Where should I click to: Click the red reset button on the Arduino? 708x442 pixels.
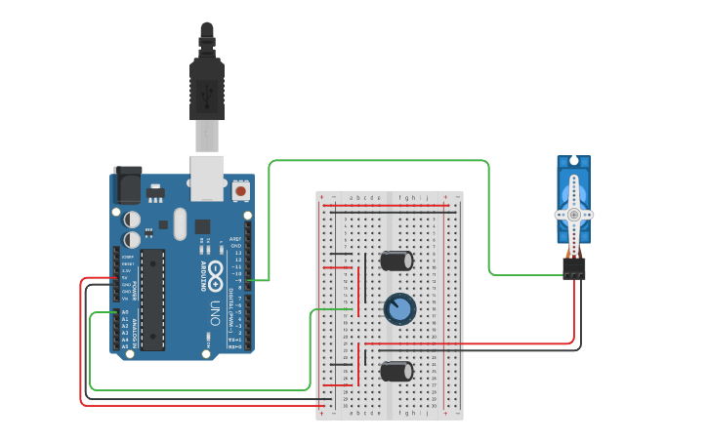click(240, 190)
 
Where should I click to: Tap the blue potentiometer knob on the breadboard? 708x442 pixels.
click(399, 309)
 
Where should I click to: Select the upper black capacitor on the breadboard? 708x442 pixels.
click(396, 261)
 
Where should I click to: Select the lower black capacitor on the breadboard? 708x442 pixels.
click(396, 371)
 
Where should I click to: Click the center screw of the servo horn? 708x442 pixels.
click(574, 214)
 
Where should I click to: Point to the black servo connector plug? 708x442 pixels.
click(574, 266)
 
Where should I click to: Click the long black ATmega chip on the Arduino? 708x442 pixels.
click(152, 299)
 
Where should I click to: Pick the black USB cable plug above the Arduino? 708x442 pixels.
click(207, 88)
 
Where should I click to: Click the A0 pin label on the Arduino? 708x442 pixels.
click(125, 312)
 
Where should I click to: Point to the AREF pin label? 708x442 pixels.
click(235, 238)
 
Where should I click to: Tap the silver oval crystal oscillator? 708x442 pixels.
click(180, 223)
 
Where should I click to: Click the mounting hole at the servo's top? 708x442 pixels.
click(574, 161)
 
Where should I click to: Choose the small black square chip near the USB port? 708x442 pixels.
click(203, 226)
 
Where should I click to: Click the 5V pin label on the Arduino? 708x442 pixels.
click(125, 278)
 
